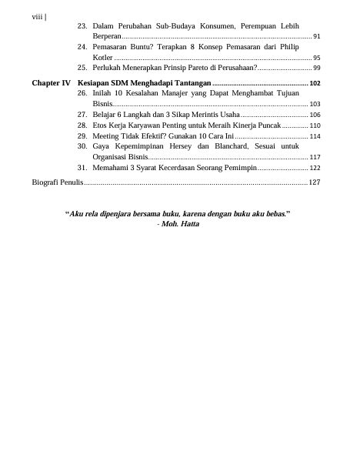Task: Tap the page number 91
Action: pyautogui.click(x=317, y=37)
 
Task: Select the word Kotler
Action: pyautogui.click(x=103, y=58)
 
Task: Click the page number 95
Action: pyautogui.click(x=317, y=58)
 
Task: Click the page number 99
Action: pyautogui.click(x=317, y=69)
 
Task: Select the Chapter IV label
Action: pyautogui.click(x=52, y=82)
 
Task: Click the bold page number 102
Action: pyautogui.click(x=315, y=82)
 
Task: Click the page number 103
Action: pyautogui.click(x=315, y=103)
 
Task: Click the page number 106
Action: pyautogui.click(x=315, y=115)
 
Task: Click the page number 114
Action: pyautogui.click(x=315, y=136)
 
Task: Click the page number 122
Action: pyautogui.click(x=315, y=168)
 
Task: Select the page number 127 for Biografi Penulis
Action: pyautogui.click(x=314, y=182)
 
